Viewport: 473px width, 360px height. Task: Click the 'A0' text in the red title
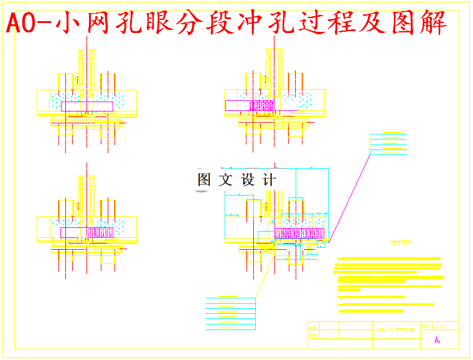tap(26, 24)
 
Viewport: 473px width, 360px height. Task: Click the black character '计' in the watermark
tap(268, 180)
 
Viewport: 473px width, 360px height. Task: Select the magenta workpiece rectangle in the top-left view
tap(87, 106)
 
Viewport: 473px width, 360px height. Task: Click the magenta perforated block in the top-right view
tap(262, 105)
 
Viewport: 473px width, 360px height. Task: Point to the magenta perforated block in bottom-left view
tap(100, 232)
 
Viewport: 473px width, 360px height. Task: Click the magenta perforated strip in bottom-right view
tap(299, 234)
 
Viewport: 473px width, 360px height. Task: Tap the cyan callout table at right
tap(388, 144)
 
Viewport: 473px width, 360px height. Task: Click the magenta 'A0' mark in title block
tap(437, 340)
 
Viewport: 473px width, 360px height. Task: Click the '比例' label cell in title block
tap(426, 326)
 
